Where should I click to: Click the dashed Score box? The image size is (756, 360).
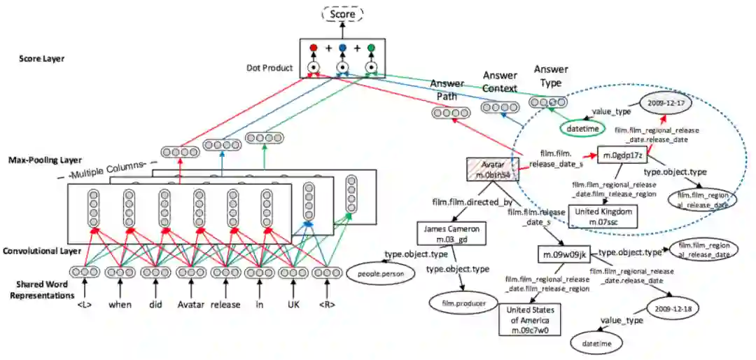point(342,14)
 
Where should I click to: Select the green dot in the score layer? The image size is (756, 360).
point(371,48)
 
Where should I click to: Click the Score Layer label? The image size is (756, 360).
point(42,59)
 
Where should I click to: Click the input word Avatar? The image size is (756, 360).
point(190,305)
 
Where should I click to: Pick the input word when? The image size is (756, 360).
point(120,305)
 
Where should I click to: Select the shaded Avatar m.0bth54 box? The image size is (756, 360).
point(493,168)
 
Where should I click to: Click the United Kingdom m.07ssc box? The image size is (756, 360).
point(603,216)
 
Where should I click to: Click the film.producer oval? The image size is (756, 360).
point(460,303)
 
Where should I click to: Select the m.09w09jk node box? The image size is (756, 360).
point(565,254)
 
